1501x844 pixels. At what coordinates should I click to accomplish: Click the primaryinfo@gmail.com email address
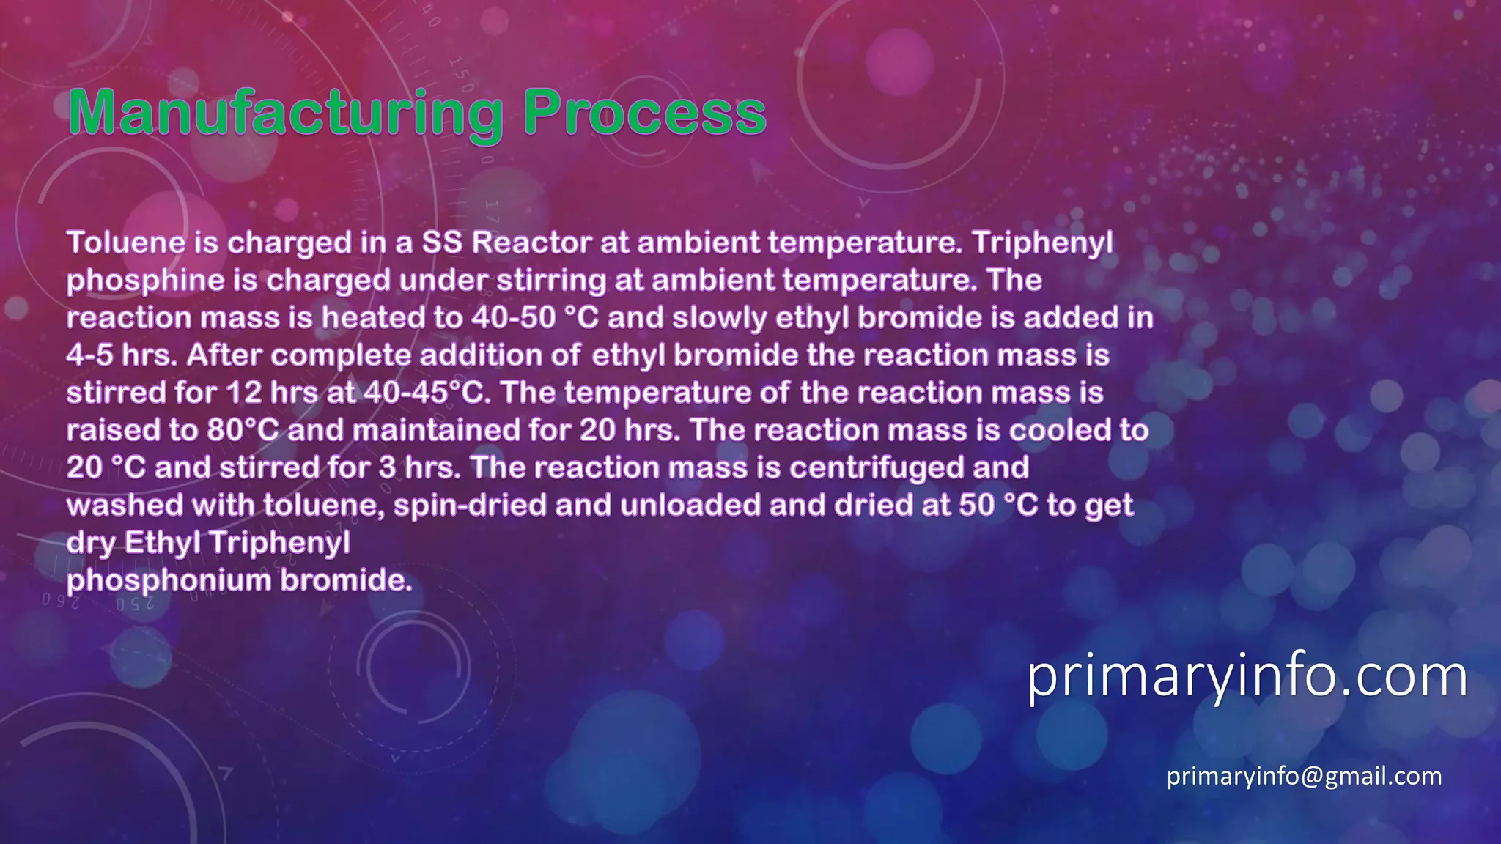[x=1304, y=776]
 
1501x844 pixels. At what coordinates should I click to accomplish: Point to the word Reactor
[x=531, y=243]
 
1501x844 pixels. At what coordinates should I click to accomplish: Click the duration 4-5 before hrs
[x=89, y=355]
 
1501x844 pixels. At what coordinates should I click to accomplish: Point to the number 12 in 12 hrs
[x=243, y=393]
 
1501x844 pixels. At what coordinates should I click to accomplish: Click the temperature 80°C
[x=243, y=430]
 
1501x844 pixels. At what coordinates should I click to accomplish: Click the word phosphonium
[x=169, y=581]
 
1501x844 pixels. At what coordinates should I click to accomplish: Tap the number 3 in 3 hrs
[x=388, y=468]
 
